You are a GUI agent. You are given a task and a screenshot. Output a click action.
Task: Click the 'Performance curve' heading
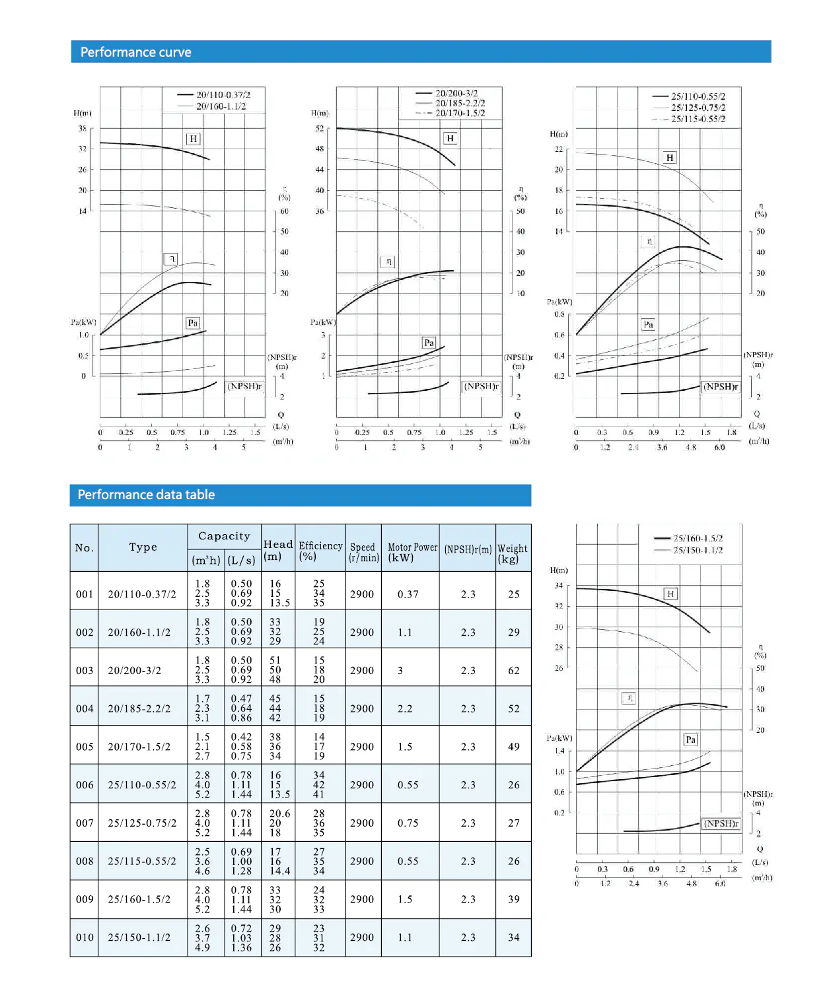tap(135, 52)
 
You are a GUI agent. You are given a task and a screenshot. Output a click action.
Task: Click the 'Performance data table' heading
tap(146, 495)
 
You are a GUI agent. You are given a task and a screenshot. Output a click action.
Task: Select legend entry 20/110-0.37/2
tap(223, 95)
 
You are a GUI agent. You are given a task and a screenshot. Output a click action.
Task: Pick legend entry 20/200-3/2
tap(456, 94)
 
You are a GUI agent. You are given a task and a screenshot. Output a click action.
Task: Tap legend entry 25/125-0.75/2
tap(698, 108)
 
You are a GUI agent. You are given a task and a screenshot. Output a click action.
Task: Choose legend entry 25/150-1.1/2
tap(698, 550)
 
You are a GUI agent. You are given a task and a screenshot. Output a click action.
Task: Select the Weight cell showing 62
tap(513, 670)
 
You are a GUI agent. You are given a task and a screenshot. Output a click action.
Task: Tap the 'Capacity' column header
tap(224, 536)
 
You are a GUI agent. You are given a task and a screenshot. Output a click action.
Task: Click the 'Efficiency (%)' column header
tap(320, 550)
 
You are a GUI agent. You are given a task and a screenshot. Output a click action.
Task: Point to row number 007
tap(85, 823)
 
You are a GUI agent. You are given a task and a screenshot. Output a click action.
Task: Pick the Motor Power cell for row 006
tap(408, 784)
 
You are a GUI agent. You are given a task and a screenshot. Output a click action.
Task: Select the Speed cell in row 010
tap(362, 937)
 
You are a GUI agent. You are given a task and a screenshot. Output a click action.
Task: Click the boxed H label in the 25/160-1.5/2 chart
tap(670, 594)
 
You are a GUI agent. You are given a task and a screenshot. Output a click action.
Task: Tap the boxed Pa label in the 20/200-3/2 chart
tap(429, 343)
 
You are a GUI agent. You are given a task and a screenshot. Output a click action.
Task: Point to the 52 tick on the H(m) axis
tap(320, 129)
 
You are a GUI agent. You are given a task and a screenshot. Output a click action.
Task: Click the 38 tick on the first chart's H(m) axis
tap(83, 129)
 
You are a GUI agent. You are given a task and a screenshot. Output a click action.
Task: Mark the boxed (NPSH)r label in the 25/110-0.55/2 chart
tap(721, 386)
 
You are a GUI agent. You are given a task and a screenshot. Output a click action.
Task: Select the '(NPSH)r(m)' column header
tap(468, 549)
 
